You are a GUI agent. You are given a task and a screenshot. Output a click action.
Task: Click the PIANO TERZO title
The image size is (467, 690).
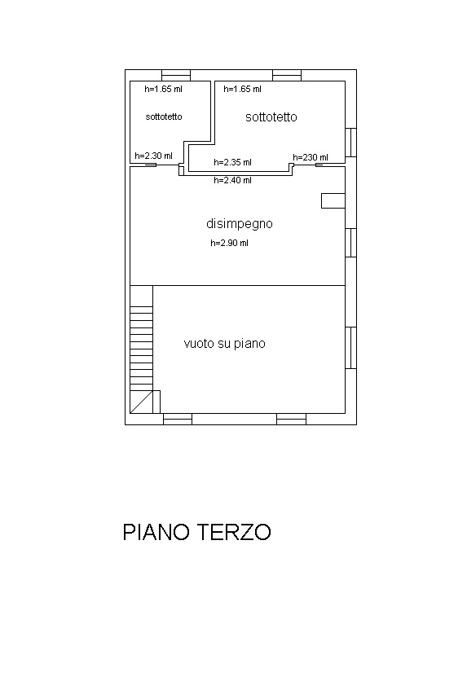pyautogui.click(x=196, y=532)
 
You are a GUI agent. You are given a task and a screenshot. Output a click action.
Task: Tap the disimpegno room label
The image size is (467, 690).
pyautogui.click(x=240, y=224)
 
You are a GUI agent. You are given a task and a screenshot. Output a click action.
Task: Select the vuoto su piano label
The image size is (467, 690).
pyautogui.click(x=224, y=343)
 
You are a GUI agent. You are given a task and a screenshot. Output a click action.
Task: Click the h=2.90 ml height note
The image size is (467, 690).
pyautogui.click(x=229, y=243)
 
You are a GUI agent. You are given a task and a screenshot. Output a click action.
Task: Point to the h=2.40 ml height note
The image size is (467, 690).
pyautogui.click(x=232, y=180)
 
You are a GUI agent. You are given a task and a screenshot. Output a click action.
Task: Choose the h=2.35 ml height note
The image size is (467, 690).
pyautogui.click(x=232, y=162)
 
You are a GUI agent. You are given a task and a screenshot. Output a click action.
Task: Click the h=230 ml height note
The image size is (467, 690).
pyautogui.click(x=311, y=157)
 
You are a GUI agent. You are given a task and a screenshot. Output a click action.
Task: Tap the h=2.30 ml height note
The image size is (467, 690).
pyautogui.click(x=153, y=156)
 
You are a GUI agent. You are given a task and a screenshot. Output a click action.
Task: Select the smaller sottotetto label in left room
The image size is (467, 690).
pyautogui.click(x=164, y=116)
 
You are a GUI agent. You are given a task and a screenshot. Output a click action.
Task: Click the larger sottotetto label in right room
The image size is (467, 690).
pyautogui.click(x=271, y=117)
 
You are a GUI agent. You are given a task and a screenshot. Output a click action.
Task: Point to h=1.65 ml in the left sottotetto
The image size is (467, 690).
pyautogui.click(x=163, y=89)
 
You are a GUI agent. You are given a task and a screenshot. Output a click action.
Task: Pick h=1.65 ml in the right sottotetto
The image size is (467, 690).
pyautogui.click(x=242, y=89)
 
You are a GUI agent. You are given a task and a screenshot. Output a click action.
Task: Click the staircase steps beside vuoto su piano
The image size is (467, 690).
pyautogui.click(x=141, y=338)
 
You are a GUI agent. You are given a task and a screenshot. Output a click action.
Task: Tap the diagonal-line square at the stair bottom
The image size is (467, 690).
pyautogui.click(x=141, y=402)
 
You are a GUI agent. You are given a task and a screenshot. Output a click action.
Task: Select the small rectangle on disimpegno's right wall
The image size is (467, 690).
pyautogui.click(x=333, y=200)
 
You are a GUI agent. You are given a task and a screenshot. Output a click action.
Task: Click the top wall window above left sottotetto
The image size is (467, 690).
pyautogui.click(x=176, y=75)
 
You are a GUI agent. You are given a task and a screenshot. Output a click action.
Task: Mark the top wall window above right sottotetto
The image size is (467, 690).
pyautogui.click(x=287, y=75)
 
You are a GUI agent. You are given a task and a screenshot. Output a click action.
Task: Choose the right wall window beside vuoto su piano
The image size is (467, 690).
pyautogui.click(x=350, y=348)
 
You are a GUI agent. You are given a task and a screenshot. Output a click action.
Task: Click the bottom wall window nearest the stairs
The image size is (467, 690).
pyautogui.click(x=178, y=419)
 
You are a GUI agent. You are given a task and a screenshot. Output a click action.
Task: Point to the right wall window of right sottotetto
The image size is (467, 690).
pyautogui.click(x=350, y=142)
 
